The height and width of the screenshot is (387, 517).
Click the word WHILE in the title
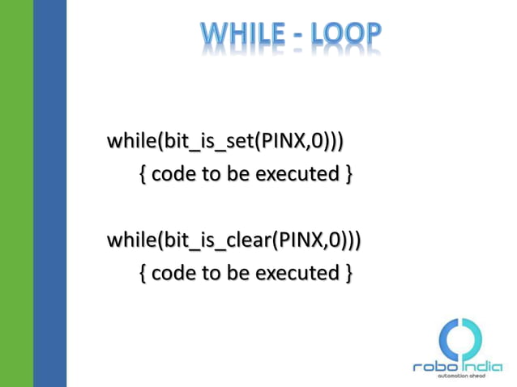240,34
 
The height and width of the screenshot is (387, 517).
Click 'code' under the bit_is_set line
173,174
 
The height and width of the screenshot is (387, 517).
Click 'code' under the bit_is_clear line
173,273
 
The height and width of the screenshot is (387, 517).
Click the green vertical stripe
16,193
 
